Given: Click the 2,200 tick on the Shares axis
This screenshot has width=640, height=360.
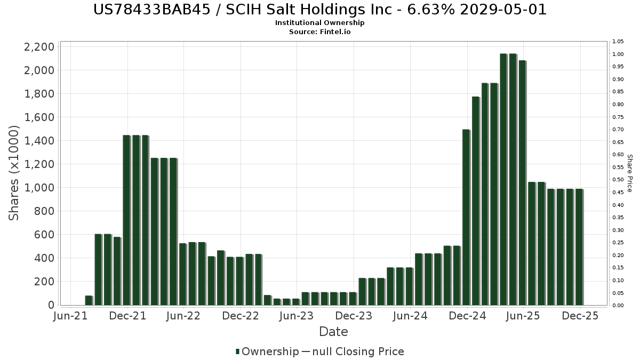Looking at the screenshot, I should pyautogui.click(x=39, y=47).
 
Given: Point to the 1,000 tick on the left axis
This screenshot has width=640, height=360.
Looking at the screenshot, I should pyautogui.click(x=39, y=188).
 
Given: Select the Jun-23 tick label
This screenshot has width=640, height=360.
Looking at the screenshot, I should pyautogui.click(x=297, y=316).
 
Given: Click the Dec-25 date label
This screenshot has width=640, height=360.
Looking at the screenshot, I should pyautogui.click(x=580, y=316).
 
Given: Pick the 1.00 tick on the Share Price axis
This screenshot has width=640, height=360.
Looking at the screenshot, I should pyautogui.click(x=618, y=54).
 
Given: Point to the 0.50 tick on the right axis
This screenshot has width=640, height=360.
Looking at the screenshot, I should pyautogui.click(x=618, y=180).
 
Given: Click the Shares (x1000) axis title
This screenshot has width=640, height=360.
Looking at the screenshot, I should pyautogui.click(x=14, y=173).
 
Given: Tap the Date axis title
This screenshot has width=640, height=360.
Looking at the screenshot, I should pyautogui.click(x=333, y=332).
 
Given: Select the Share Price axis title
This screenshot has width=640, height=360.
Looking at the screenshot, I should pyautogui.click(x=629, y=173).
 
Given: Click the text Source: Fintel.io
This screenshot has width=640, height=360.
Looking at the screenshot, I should pyautogui.click(x=320, y=31).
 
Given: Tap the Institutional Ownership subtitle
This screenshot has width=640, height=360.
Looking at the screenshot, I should pyautogui.click(x=320, y=23).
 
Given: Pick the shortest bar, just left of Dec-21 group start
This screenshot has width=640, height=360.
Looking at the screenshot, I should pyautogui.click(x=89, y=300).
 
